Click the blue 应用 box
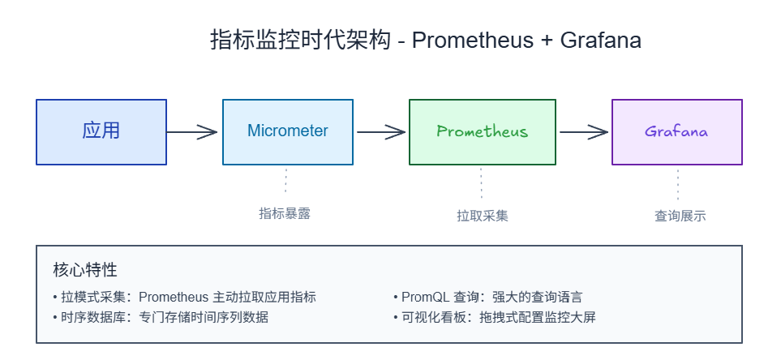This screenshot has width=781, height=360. point(101,131)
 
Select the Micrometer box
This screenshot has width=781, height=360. point(288,131)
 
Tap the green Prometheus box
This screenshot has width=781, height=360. point(482,131)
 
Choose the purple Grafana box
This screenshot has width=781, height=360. point(676,131)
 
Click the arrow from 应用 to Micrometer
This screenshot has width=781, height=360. point(194,131)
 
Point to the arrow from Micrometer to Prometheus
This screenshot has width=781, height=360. point(380,131)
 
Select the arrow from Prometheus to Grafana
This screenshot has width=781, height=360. point(583,131)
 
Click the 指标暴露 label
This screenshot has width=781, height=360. point(285,214)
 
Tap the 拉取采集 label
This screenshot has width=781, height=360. point(482,216)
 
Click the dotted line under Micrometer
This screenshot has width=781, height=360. point(286,181)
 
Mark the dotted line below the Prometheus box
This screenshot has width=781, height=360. point(482,182)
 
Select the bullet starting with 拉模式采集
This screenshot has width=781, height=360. point(184,297)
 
